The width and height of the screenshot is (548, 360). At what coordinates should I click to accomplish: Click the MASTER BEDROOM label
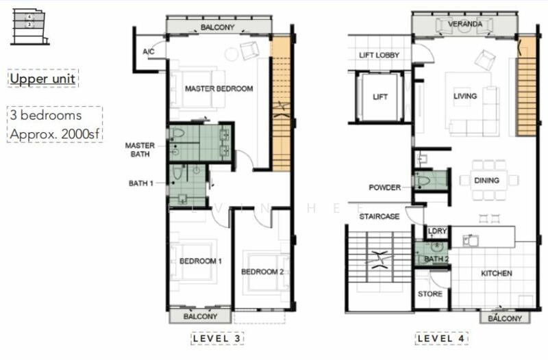pos(219,89)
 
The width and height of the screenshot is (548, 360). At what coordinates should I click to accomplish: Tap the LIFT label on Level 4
pos(379,97)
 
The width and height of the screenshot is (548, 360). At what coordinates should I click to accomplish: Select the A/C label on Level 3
pos(148,52)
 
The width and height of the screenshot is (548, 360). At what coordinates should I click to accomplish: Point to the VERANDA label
pos(465,25)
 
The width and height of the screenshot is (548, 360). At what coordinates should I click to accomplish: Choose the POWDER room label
pos(384,188)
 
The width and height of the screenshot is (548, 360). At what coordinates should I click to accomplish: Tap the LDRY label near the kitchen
pos(436,232)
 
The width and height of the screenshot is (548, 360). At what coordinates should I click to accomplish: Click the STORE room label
pos(429,294)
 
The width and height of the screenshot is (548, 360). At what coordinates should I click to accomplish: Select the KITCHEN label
pos(496,274)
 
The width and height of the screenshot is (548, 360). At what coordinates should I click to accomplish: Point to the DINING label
pos(486,181)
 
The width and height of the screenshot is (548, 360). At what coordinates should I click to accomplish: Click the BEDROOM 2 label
pos(262,272)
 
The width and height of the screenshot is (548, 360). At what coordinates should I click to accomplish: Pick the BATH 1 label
pos(142,183)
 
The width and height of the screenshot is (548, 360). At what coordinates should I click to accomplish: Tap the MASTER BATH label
pos(140,149)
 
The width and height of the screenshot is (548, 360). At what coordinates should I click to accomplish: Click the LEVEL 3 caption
pos(217,339)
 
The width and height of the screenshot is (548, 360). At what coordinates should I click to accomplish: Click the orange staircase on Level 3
pos(281,103)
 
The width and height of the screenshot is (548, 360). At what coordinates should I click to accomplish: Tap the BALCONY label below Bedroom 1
pos(200,317)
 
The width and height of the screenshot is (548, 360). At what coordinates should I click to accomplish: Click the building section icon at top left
pos(29,27)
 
